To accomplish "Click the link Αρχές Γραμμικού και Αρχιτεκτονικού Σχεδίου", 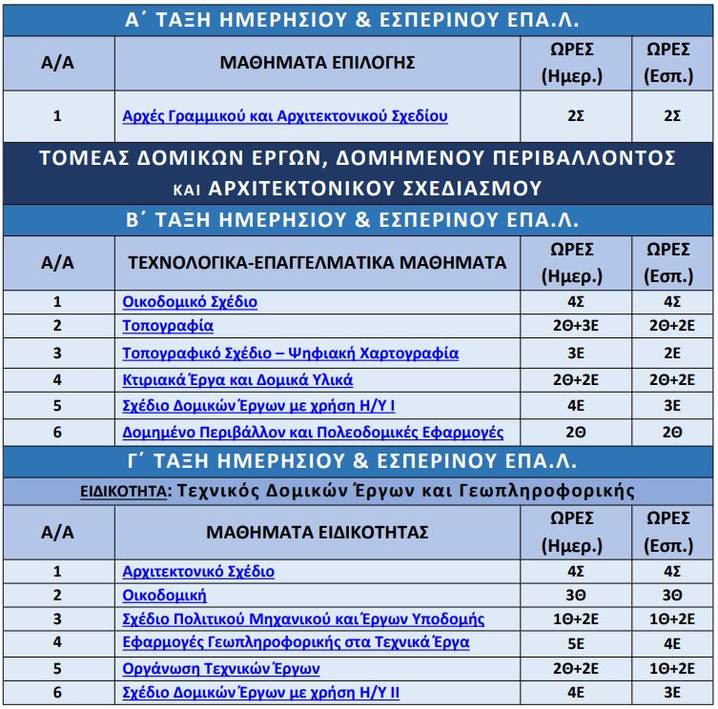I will point(285,116).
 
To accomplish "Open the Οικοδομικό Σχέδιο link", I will point(190,302).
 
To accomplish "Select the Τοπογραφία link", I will point(168,327).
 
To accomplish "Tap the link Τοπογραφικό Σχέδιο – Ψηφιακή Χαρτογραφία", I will point(290,354).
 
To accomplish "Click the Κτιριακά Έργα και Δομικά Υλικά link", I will point(237,380).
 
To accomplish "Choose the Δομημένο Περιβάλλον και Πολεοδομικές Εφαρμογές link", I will point(313,432).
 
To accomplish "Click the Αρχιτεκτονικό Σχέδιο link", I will point(198,572).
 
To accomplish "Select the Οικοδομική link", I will point(164,596).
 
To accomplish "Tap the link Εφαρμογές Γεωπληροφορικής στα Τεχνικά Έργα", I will point(296,643).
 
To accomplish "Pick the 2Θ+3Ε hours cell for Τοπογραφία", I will point(575,327).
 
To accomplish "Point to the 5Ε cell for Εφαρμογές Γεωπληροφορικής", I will point(575,643).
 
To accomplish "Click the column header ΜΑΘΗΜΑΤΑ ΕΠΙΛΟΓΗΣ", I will point(318,64).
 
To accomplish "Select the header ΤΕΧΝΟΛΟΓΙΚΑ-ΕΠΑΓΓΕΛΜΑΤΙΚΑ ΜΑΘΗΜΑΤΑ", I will point(318,262).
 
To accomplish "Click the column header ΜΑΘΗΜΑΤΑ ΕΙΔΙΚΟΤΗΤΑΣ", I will point(318,532).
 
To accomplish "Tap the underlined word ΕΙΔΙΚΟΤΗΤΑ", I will point(121,492).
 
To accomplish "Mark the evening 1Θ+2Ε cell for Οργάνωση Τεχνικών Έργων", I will point(672,669).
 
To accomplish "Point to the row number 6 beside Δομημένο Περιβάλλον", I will point(57,432).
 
